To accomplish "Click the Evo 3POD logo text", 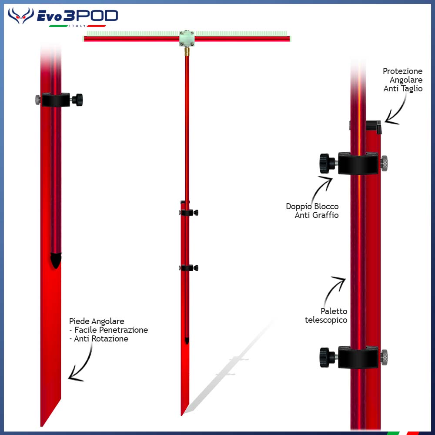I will pyautogui.click(x=77, y=17).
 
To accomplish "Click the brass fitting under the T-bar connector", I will pyautogui.click(x=187, y=51).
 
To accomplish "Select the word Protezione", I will pyautogui.click(x=402, y=71).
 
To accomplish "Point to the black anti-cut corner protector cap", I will pyautogui.click(x=378, y=126).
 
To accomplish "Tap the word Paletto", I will pyautogui.click(x=334, y=311).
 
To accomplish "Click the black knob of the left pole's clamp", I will pyautogui.click(x=78, y=100).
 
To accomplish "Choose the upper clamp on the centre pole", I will pyautogui.click(x=188, y=212).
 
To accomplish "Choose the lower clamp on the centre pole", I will pyautogui.click(x=189, y=268).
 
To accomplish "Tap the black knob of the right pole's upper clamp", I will pyautogui.click(x=325, y=163).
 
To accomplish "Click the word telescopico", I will pyautogui.click(x=326, y=320).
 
